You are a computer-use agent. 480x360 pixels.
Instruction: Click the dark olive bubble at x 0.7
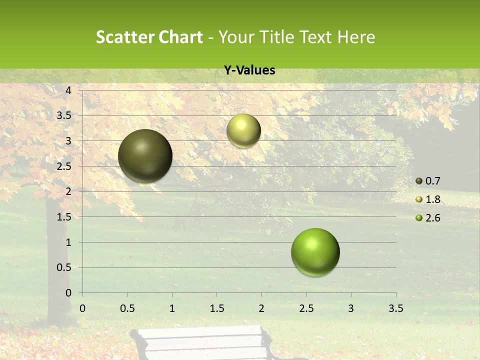point(145,156)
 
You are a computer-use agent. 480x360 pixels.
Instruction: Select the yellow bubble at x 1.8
point(243,130)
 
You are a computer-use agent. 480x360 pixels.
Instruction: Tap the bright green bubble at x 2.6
point(315,252)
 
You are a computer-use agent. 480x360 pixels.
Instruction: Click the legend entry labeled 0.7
point(428,181)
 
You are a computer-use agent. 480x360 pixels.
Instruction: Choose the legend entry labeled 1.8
point(428,199)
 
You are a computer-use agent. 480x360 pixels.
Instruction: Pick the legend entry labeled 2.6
point(428,218)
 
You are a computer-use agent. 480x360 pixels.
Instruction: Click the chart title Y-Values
point(249,70)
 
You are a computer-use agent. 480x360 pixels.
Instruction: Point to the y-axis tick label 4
point(68,90)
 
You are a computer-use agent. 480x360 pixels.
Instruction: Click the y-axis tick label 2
point(68,191)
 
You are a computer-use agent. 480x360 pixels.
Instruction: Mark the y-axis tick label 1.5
point(64,217)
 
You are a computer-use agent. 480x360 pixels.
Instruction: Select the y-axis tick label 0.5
point(64,267)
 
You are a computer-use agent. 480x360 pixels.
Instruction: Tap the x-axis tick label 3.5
point(395,308)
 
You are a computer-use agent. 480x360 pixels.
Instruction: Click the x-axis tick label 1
point(172,308)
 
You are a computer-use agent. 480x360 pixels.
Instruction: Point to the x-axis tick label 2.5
point(306,308)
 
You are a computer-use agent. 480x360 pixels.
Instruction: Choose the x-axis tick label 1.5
point(216,308)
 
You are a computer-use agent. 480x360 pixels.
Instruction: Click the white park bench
point(203,343)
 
